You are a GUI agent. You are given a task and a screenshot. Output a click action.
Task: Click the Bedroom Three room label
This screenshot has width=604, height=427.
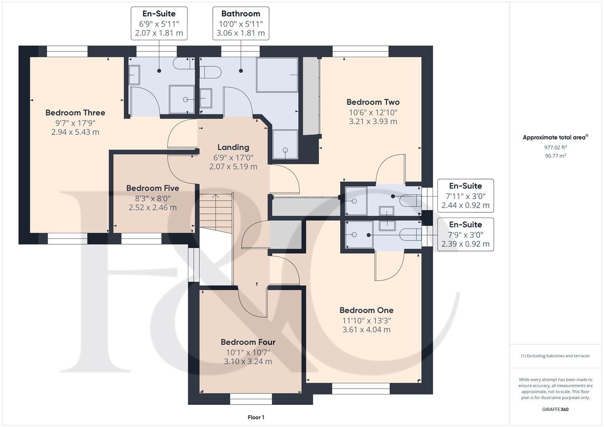click(x=75, y=113)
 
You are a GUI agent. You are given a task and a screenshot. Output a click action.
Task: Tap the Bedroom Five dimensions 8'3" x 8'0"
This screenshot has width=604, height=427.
click(x=153, y=198)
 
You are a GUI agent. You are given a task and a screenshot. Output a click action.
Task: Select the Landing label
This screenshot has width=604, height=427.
click(x=233, y=147)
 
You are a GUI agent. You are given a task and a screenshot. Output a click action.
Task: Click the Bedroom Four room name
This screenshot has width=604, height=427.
click(x=248, y=342)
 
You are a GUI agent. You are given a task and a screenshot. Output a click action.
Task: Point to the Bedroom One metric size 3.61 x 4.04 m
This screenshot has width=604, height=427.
click(x=366, y=329)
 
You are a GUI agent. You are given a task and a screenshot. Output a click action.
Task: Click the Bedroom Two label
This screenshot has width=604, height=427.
click(x=373, y=102)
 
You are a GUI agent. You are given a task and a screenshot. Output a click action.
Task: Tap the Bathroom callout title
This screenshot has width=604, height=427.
click(x=241, y=14)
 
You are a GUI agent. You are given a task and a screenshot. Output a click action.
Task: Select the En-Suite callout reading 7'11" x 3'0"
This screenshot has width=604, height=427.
click(x=466, y=196)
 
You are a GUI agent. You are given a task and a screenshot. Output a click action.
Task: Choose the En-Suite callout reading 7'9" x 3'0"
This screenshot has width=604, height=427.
click(x=466, y=234)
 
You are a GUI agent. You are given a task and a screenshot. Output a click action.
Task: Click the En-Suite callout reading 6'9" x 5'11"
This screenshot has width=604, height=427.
click(x=159, y=23)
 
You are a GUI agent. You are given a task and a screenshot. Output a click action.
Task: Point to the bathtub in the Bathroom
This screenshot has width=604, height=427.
click(x=277, y=75)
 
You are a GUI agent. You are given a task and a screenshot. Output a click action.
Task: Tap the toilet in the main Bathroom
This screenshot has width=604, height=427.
click(x=210, y=72)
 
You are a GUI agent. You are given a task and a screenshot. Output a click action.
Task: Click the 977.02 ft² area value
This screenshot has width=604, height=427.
click(x=555, y=147)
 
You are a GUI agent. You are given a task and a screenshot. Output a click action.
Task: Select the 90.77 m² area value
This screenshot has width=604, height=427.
click(x=555, y=155)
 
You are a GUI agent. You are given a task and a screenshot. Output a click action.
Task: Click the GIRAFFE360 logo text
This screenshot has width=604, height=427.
click(x=555, y=409)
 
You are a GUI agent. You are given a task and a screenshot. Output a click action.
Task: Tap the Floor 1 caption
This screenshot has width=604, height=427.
click(x=256, y=417)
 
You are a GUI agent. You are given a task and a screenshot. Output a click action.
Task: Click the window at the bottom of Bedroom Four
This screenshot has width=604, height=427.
click(x=251, y=399)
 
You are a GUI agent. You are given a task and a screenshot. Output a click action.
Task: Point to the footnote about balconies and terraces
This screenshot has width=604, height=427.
click(x=555, y=356)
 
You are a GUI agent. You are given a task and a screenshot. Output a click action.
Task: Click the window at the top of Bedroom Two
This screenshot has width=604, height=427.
click(x=360, y=51)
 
